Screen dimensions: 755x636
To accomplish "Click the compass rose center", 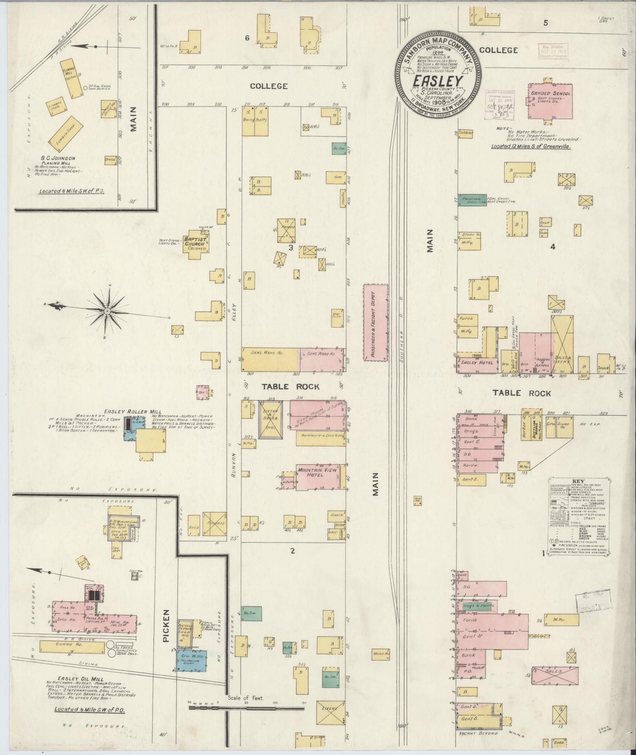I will [107, 311].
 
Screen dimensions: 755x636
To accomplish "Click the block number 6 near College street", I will [247, 38].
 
